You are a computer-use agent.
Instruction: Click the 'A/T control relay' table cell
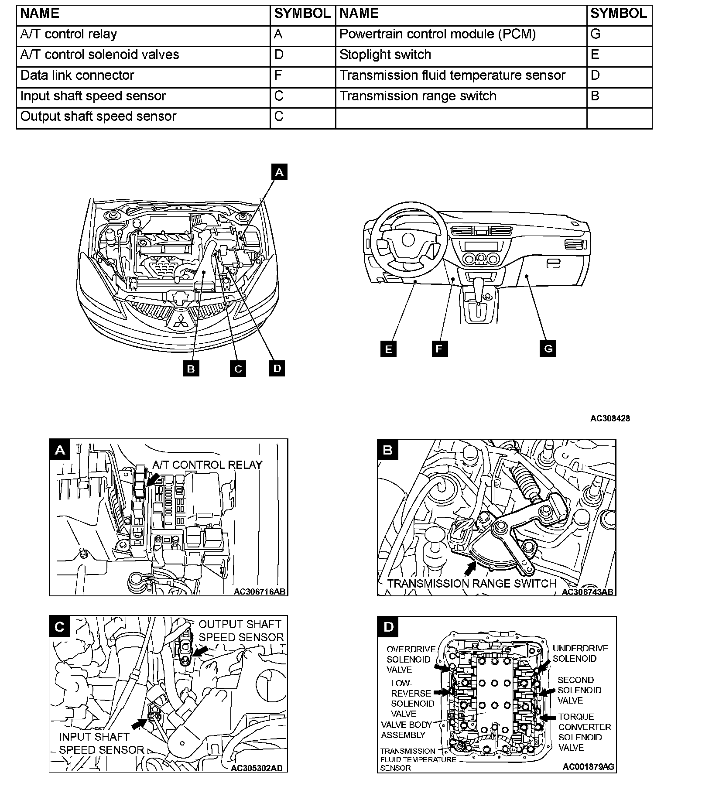[143, 35]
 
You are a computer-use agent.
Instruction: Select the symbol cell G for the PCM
[619, 35]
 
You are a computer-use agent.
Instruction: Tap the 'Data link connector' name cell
[143, 76]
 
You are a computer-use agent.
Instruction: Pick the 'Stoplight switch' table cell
[461, 55]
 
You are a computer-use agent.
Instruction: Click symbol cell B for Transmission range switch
[619, 96]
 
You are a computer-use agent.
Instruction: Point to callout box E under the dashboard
[388, 349]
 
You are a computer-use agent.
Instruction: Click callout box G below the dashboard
[548, 349]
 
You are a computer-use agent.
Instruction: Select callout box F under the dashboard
[439, 349]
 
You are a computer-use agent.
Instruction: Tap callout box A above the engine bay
[279, 172]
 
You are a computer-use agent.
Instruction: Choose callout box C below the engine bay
[238, 369]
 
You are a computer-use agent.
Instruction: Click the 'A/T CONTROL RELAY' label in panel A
[207, 465]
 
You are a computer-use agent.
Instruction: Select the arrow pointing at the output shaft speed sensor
[201, 651]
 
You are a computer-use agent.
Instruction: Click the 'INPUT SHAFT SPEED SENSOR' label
[101, 743]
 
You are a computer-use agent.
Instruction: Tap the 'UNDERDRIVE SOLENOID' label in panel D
[580, 653]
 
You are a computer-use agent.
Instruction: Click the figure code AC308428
[609, 418]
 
